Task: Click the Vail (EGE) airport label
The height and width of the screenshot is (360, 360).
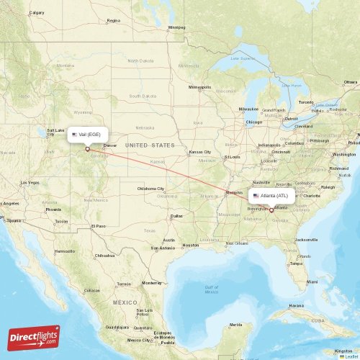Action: click(89, 135)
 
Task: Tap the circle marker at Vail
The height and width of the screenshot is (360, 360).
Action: click(88, 150)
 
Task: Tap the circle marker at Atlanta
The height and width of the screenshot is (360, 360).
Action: click(271, 210)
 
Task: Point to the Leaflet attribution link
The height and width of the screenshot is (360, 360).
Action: click(349, 356)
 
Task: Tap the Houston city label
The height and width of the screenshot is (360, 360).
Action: click(191, 245)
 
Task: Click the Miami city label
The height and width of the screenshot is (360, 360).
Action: click(310, 282)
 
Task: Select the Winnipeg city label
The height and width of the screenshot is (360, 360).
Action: click(176, 27)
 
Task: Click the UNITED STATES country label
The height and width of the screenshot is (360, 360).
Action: click(150, 145)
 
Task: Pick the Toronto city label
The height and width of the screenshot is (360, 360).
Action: click(307, 102)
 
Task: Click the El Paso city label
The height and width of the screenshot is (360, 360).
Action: click(99, 226)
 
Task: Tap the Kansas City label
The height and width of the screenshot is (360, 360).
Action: click(200, 152)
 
